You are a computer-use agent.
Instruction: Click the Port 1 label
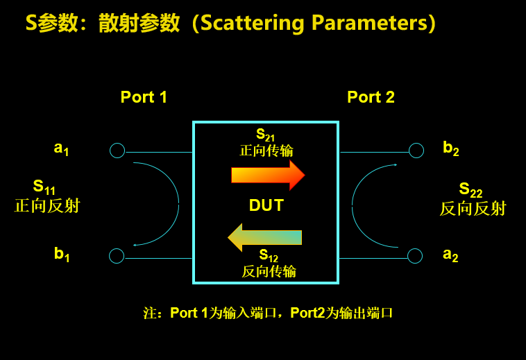click(x=144, y=97)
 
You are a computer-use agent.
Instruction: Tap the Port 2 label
click(x=371, y=97)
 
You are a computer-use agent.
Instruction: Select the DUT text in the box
click(x=266, y=205)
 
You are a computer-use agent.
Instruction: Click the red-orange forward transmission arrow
click(x=268, y=175)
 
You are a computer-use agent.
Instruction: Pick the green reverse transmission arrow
click(x=264, y=237)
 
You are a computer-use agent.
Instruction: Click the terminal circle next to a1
click(x=117, y=151)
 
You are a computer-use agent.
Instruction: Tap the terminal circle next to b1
click(x=117, y=256)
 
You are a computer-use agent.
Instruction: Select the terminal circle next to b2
click(x=416, y=151)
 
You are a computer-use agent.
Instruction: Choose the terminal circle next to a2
click(x=415, y=256)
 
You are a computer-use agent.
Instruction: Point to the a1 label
click(x=61, y=148)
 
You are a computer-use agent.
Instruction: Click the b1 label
click(x=62, y=254)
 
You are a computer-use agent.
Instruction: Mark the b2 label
click(x=451, y=148)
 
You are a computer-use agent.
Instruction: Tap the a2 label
click(x=450, y=255)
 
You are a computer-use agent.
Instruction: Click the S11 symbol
click(x=44, y=187)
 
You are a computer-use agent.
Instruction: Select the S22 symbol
click(x=470, y=190)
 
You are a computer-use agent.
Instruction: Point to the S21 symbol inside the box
click(x=265, y=135)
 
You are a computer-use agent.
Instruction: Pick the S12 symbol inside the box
click(x=269, y=255)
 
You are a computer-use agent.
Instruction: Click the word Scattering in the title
click(x=253, y=24)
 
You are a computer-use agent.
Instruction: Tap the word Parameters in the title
click(x=370, y=23)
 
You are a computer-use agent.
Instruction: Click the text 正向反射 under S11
click(x=47, y=206)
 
